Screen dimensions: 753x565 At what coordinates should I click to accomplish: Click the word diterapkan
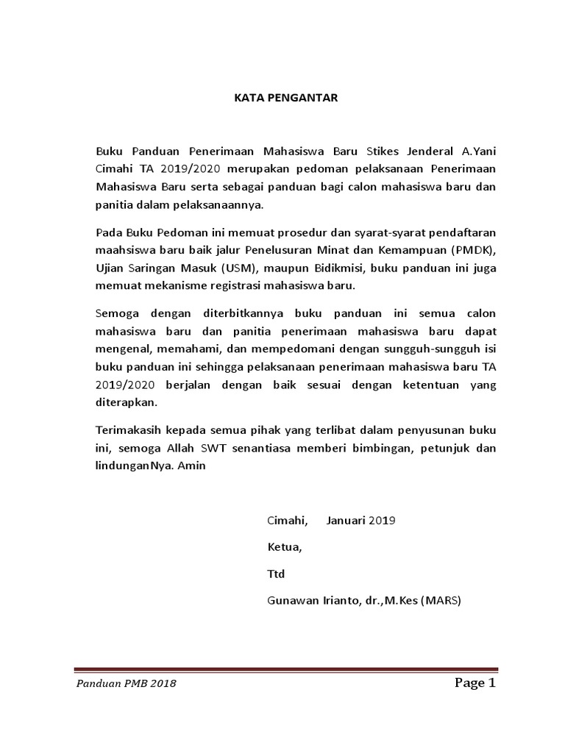tap(127, 402)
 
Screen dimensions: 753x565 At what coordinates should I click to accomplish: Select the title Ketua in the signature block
tap(283, 547)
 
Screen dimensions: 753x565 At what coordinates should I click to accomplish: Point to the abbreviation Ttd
tap(275, 574)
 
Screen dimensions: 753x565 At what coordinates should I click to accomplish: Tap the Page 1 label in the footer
tap(475, 684)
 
